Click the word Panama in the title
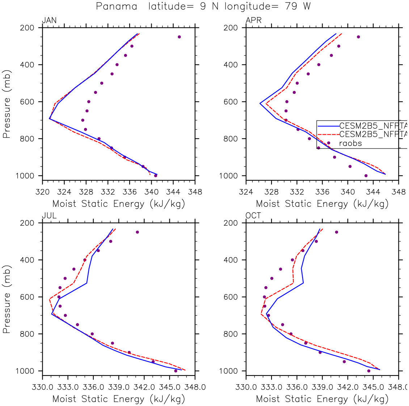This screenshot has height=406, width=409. [117, 7]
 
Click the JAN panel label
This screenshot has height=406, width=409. [49, 20]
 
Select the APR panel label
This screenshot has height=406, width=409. [253, 20]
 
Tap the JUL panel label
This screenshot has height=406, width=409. [49, 216]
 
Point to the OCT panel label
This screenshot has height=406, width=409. [253, 216]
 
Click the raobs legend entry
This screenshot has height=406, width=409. [350, 143]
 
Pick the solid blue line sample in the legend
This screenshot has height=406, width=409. [328, 126]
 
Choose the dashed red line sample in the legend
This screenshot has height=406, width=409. [328, 134]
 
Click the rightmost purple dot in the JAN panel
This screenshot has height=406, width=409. [179, 37]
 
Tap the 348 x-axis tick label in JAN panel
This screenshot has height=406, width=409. [195, 192]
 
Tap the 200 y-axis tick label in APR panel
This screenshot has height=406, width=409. [231, 28]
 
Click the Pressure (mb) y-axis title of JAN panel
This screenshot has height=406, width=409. [7, 104]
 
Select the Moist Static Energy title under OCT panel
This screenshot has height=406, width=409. [322, 399]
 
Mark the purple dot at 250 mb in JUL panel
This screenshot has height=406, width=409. [137, 232]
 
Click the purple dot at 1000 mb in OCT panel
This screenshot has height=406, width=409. [369, 371]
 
